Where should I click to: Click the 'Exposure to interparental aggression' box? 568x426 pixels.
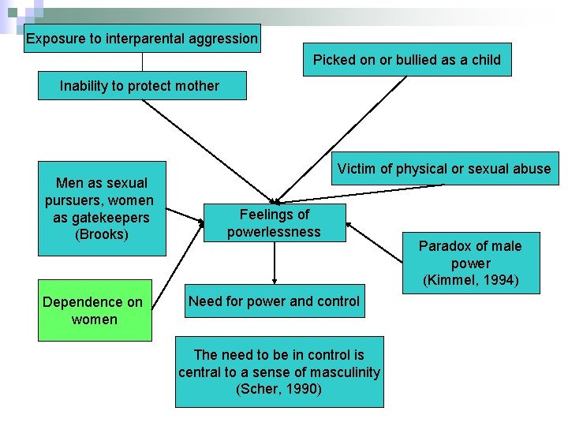[142, 38]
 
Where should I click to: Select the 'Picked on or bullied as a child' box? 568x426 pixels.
[406, 60]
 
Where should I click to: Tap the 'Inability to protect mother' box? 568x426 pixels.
[142, 86]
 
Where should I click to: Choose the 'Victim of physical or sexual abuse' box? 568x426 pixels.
[444, 169]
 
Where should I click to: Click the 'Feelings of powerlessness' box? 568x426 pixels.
[274, 222]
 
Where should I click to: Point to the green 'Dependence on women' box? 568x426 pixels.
[95, 311]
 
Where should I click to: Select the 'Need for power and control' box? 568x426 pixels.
[274, 301]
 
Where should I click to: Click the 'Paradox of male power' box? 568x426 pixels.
[470, 263]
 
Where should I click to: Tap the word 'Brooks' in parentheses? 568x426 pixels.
[101, 234]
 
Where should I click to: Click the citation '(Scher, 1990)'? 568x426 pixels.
[279, 389]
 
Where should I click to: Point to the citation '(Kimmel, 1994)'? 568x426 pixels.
[470, 280]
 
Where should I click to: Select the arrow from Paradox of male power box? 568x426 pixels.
[377, 242]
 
